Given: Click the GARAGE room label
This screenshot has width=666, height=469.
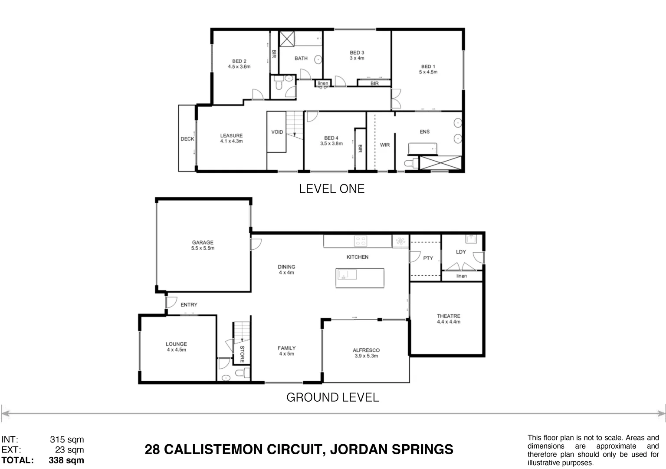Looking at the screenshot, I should point(203,243).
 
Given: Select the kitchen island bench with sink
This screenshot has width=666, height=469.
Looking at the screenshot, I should point(360,277).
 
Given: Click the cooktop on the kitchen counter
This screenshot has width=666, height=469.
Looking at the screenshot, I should point(360,241).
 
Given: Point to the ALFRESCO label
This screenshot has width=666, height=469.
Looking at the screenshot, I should point(366,350).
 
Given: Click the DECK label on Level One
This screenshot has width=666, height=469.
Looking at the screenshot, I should point(187,139).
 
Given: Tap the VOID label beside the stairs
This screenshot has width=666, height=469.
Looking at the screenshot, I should point(277,132).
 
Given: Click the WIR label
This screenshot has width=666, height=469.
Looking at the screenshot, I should point(385,145).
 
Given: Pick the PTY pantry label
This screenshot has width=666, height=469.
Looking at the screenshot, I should point(428,258).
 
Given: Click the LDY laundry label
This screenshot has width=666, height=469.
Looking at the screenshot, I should point(461,252).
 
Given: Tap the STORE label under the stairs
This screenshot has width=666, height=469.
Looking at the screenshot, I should point(242,353).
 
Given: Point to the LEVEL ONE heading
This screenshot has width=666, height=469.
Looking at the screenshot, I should point(331,189).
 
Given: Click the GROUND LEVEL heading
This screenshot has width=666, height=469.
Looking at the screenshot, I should point(332,397).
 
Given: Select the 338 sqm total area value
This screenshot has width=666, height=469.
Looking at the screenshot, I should point(66,460).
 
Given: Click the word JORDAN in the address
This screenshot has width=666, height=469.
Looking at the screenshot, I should point(360,449).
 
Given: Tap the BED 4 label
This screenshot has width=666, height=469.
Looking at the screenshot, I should point(331,138).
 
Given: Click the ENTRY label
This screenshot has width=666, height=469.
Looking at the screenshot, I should point(189,305).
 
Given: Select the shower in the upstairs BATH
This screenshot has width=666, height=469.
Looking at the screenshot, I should point(286,39).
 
